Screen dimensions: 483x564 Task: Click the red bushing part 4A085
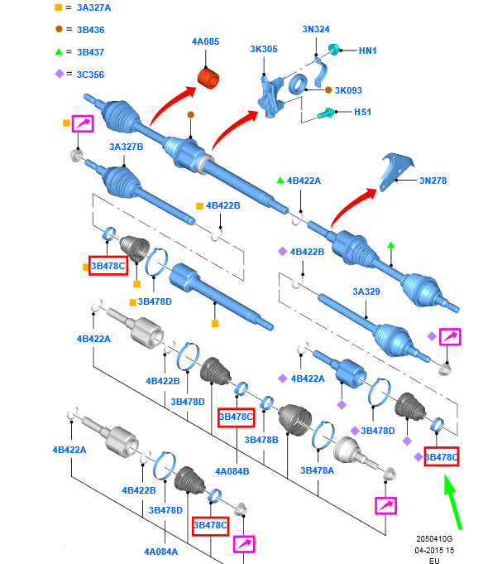[x=208, y=78]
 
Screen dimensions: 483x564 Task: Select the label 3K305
[x=264, y=49]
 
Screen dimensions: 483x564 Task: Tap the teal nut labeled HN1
[x=334, y=50]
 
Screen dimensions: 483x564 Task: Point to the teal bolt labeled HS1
[x=326, y=113]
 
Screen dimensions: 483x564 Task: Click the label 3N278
[x=433, y=181]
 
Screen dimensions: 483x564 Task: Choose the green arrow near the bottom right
[x=452, y=501]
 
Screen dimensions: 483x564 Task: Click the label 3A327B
[x=126, y=147]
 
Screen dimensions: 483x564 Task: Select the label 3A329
[x=366, y=292]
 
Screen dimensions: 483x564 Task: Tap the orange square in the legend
[x=58, y=7]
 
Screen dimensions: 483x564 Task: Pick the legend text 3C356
[x=90, y=75]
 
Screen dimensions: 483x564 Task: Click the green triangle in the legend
[x=59, y=52]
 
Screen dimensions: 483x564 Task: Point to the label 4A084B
[x=232, y=471]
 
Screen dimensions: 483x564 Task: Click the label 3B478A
[x=317, y=470]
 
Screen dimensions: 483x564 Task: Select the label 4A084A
[x=161, y=552]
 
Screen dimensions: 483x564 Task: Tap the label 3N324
[x=316, y=29]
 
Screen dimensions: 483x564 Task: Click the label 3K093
[x=348, y=90]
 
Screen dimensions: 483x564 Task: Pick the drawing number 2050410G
[x=434, y=539]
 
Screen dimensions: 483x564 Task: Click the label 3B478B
[x=261, y=440]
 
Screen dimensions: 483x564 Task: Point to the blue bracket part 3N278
[x=395, y=171]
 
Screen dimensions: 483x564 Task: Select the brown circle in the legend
[x=59, y=29]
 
